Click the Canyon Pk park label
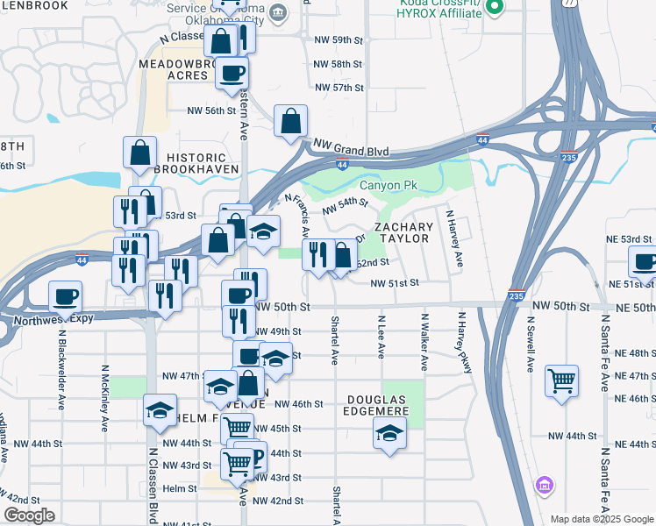pyautogui.click(x=389, y=185)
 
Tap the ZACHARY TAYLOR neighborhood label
pyautogui.click(x=404, y=233)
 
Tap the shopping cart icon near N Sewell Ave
pyautogui.click(x=561, y=381)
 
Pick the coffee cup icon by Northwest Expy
pyautogui.click(x=65, y=296)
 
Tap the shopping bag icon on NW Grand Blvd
pyautogui.click(x=290, y=121)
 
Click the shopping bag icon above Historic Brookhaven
pyautogui.click(x=139, y=153)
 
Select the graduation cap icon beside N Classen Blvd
pyautogui.click(x=160, y=410)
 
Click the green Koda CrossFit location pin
pyautogui.click(x=494, y=9)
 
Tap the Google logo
pyautogui.click(x=29, y=515)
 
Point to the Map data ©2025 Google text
pyautogui.click(x=602, y=519)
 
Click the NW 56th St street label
pyautogui.click(x=212, y=110)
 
